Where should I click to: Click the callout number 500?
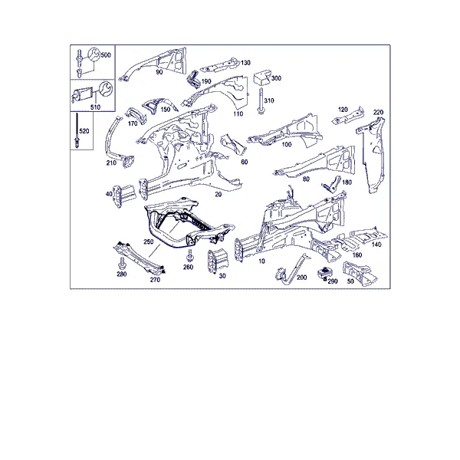106,55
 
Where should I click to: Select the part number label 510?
95,107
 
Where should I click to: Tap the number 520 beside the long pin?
84,131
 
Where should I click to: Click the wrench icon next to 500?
94,54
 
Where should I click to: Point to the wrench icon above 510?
106,89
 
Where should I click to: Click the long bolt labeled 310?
260,100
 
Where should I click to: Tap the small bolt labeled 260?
189,255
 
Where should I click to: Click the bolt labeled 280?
122,264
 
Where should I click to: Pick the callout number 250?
149,242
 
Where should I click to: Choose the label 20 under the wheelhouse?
219,194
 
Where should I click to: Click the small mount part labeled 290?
324,273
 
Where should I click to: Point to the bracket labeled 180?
331,184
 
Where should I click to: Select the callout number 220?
379,112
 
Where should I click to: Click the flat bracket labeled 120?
348,116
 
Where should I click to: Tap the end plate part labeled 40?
125,195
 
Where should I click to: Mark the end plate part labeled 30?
218,261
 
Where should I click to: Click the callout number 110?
238,113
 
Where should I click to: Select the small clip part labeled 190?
193,79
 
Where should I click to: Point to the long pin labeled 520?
77,130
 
